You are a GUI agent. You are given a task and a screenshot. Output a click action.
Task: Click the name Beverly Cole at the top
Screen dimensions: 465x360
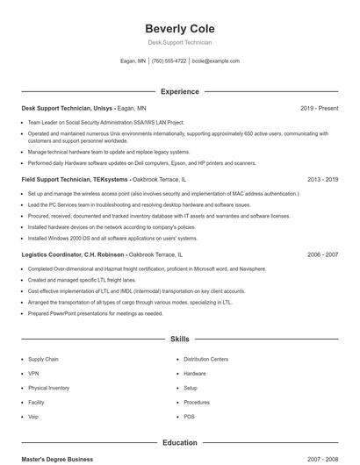point(179,28)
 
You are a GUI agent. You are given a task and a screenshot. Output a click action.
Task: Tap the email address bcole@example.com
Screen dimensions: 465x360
point(215,61)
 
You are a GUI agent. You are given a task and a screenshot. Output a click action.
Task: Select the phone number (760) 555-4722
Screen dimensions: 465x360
point(169,61)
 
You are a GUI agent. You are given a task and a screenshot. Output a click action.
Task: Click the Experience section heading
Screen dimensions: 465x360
point(179,91)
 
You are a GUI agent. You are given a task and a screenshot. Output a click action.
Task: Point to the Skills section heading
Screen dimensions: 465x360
point(179,338)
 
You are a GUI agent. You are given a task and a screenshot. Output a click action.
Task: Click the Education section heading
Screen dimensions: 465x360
point(179,443)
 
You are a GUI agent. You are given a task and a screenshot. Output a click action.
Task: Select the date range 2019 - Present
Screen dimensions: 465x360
point(319,108)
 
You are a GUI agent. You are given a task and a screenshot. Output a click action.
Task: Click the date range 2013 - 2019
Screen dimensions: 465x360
point(322,179)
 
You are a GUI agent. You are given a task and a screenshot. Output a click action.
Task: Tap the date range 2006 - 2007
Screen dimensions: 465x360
point(322,254)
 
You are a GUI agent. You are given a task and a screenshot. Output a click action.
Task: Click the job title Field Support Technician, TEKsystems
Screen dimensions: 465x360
point(76,179)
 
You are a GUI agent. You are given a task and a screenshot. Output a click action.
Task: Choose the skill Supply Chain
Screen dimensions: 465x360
point(43,359)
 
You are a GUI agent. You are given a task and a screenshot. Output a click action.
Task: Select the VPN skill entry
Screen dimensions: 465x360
point(33,374)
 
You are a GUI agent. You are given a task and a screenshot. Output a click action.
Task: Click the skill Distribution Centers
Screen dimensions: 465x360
point(206,359)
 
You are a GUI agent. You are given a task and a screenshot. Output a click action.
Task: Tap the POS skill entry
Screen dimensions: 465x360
point(190,417)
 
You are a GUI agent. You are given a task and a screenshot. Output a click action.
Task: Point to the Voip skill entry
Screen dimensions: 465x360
point(33,417)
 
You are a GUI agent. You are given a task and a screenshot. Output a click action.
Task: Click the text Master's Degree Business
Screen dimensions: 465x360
point(57,459)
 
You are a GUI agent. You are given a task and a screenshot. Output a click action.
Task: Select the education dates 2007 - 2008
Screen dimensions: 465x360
point(322,459)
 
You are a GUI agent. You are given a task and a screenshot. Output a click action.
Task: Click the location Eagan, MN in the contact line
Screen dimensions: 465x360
point(133,61)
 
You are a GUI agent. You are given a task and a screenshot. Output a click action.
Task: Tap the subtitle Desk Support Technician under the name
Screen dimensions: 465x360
point(179,42)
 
